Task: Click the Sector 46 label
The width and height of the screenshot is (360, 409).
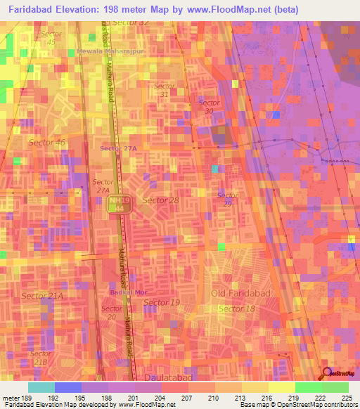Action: [46, 143]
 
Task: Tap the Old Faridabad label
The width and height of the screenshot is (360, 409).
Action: [237, 292]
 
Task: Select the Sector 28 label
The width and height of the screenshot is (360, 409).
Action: [161, 200]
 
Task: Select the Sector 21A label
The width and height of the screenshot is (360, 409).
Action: [42, 297]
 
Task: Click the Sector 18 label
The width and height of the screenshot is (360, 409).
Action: [237, 309]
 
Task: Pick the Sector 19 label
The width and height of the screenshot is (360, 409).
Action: [162, 302]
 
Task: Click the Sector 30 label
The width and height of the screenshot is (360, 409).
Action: [209, 106]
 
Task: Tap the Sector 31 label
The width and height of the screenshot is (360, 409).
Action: [163, 90]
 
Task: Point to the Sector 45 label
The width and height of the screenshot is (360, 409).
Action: [50, 37]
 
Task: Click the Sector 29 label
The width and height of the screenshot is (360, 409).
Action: [226, 199]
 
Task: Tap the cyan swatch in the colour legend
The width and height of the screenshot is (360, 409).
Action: [41, 387]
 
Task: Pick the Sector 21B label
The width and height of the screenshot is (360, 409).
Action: [40, 358]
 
